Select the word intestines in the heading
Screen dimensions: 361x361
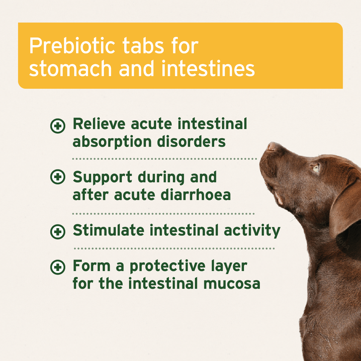tap(208, 69)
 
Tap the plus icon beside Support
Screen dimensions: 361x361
tap(57, 177)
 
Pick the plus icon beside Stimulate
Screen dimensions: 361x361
tap(57, 232)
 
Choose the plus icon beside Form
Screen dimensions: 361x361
tap(57, 267)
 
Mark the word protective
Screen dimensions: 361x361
tap(170, 267)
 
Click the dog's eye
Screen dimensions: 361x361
tap(316, 169)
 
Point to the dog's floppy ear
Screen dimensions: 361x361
tap(346, 211)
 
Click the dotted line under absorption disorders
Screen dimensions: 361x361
tap(165, 159)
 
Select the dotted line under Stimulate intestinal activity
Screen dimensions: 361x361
tap(174, 248)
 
